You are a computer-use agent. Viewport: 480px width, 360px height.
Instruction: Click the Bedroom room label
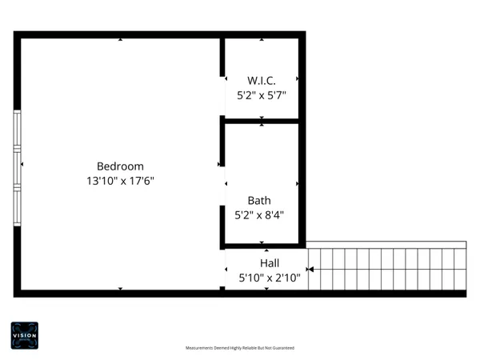coord(120,166)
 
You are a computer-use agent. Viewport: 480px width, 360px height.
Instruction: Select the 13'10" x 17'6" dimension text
coord(120,182)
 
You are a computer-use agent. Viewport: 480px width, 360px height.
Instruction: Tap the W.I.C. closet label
coord(261,80)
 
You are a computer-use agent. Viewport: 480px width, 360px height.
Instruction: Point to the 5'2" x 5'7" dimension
coord(261,94)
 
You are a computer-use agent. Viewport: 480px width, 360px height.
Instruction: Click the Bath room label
coord(259,201)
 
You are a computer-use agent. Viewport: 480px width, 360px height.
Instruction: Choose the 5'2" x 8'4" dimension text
coord(259,214)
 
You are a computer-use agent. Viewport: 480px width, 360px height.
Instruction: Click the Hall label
coord(270,263)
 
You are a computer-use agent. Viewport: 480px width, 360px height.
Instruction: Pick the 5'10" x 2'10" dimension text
coord(270,278)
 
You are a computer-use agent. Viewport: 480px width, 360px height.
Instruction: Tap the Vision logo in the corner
coord(24,334)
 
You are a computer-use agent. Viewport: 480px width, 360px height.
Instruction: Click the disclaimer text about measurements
coord(240,348)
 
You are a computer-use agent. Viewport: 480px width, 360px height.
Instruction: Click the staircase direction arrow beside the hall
coord(310,270)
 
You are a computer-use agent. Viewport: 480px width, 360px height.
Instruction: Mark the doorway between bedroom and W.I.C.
coord(222,97)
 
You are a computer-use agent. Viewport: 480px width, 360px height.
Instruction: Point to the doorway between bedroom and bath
coord(222,185)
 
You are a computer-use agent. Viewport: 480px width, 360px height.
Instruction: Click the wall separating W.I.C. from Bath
coord(262,121)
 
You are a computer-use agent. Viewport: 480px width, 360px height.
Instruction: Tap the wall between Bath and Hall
coord(264,245)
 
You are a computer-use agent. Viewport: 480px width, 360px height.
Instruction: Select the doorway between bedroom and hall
coord(222,268)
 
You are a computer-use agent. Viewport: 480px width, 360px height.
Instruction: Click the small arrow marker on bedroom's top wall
coord(120,38)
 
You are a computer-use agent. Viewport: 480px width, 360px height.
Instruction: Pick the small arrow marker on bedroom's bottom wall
coord(120,288)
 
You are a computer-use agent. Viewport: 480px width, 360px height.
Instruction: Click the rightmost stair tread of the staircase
coord(460,270)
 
